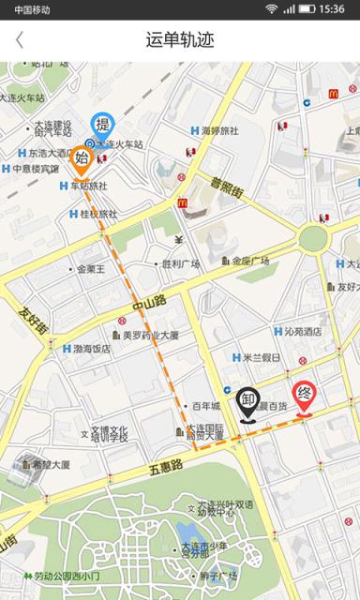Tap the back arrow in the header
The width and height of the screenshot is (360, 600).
pyautogui.click(x=20, y=40)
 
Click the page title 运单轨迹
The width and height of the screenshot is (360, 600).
pyautogui.click(x=180, y=40)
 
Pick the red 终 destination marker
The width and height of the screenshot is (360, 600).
pyautogui.click(x=304, y=395)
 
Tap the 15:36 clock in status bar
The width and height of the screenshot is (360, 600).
pyautogui.click(x=332, y=8)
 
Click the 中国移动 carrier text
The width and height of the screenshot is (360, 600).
pyautogui.click(x=32, y=9)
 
